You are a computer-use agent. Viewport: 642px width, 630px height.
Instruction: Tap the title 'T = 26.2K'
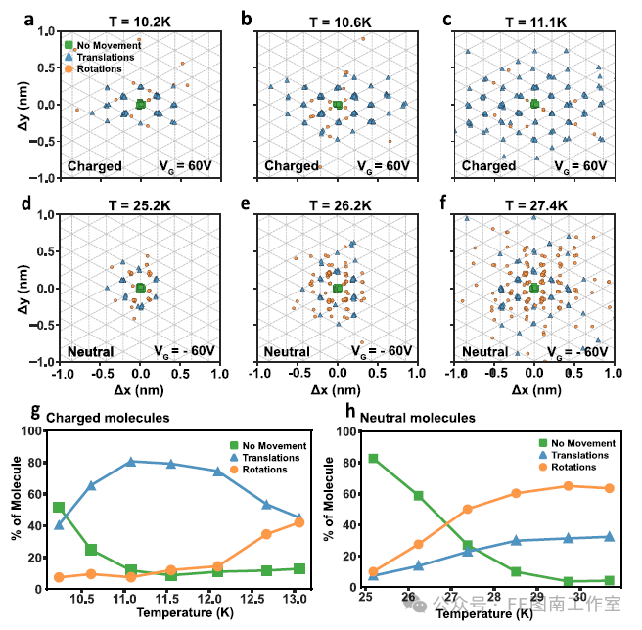[338, 202]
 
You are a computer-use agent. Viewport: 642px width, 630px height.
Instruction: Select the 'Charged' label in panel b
[292, 166]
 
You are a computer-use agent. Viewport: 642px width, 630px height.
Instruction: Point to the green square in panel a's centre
[141, 104]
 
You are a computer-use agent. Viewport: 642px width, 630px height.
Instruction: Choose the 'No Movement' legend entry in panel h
[582, 443]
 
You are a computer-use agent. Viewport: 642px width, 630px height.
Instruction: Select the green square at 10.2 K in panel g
[59, 508]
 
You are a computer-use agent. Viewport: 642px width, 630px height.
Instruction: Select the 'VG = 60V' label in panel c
[577, 166]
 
